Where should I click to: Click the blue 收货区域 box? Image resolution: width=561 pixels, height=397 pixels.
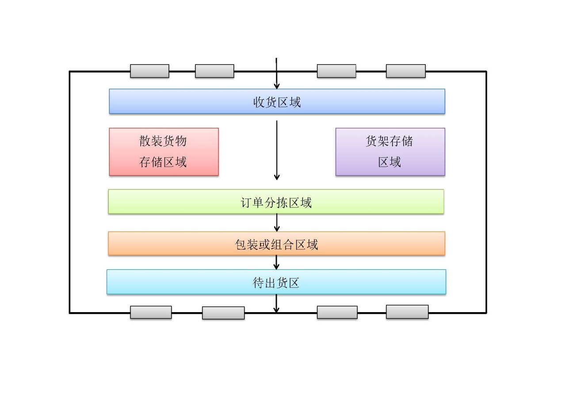(x=277, y=101)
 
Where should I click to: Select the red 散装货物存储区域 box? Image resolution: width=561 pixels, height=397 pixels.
(x=164, y=152)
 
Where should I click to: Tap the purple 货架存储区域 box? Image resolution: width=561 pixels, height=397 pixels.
(x=390, y=152)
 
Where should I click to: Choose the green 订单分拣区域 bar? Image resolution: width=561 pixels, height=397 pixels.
(x=276, y=202)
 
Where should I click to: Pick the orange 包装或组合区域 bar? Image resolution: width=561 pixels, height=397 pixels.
(x=276, y=244)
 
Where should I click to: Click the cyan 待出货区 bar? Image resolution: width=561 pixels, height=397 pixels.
(x=276, y=282)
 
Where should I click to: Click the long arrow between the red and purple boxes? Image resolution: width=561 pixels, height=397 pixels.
(x=277, y=150)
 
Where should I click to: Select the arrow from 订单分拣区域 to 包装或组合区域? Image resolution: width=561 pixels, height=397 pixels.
(x=277, y=223)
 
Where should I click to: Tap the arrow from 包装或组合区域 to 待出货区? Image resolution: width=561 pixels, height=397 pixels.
(x=277, y=262)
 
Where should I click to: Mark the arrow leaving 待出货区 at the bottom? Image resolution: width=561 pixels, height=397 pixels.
(x=276, y=304)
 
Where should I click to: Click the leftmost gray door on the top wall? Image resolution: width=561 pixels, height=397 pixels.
(x=149, y=71)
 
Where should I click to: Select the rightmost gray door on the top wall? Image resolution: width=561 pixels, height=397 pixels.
(x=405, y=71)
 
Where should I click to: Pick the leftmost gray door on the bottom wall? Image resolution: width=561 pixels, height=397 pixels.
(x=151, y=312)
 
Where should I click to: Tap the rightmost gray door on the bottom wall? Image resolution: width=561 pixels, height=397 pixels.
(x=407, y=312)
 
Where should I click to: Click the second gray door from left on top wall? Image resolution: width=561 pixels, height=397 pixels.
(x=214, y=71)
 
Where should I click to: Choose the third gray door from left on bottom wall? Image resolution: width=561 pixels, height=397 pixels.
(x=337, y=312)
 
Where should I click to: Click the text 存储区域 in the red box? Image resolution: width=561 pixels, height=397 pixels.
(x=163, y=162)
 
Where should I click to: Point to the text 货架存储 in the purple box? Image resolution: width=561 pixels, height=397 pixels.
(x=389, y=141)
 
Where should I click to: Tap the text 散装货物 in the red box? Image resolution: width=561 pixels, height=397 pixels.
(x=163, y=141)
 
